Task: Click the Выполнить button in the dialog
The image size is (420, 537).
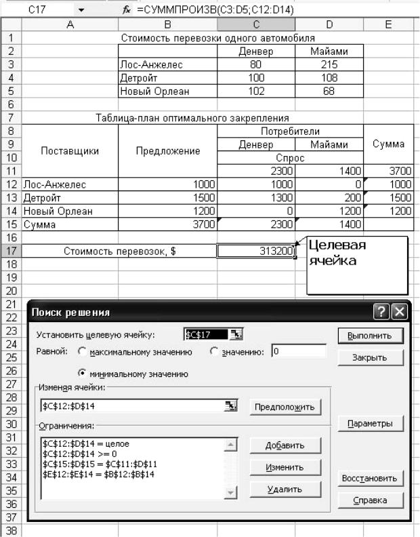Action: click(370, 336)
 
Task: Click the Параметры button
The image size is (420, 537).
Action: click(370, 424)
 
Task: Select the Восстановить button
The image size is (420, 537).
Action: click(370, 478)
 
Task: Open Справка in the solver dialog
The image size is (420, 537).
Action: click(370, 500)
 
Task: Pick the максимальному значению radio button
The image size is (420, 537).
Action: click(83, 352)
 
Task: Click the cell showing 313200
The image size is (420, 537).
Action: click(257, 252)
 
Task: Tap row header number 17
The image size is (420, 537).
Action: click(11, 252)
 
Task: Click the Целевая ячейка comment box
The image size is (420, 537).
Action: click(357, 264)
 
